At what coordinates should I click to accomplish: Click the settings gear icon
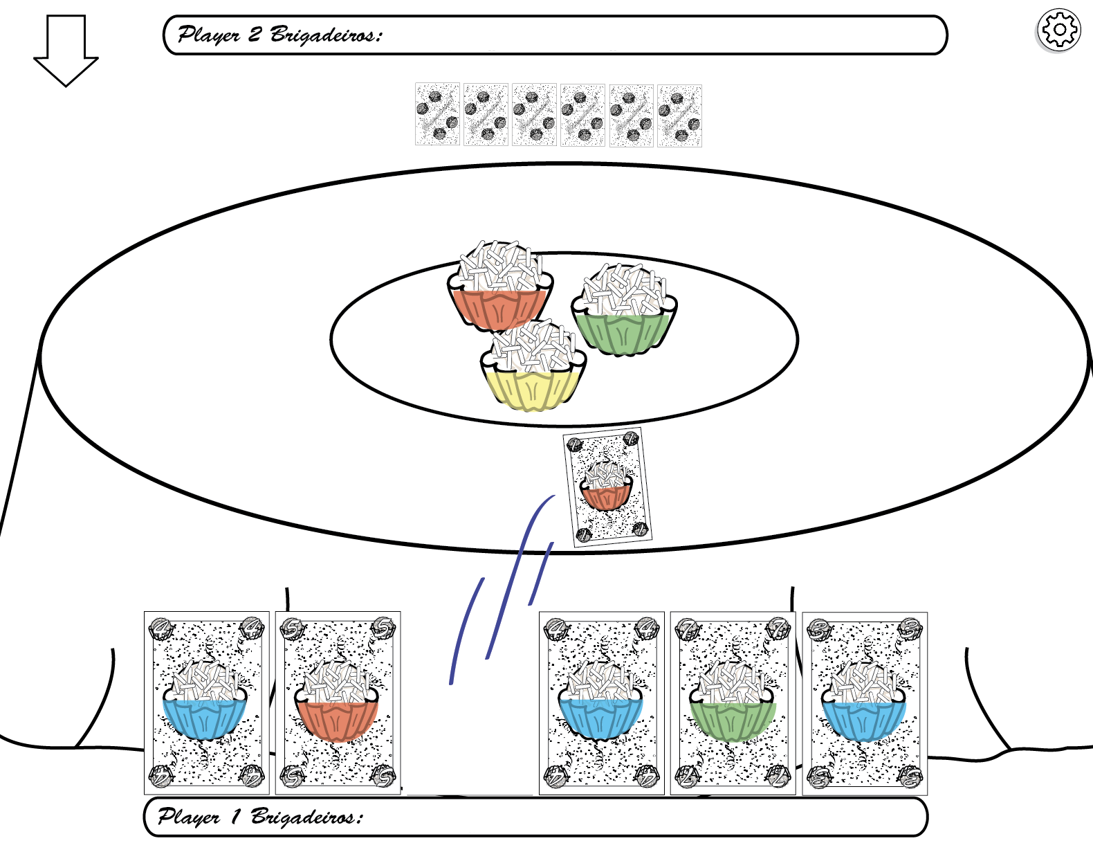[1058, 30]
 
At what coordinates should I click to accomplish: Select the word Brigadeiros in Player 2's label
[325, 35]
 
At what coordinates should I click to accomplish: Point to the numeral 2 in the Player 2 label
[255, 34]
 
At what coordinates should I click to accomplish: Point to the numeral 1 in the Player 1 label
[235, 817]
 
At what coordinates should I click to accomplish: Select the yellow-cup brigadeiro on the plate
[533, 367]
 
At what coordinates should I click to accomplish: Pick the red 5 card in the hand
[338, 702]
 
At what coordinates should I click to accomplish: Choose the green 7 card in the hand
[733, 702]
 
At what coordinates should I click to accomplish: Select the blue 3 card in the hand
[864, 702]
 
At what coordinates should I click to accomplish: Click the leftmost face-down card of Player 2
[437, 115]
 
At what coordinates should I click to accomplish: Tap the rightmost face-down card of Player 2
[679, 115]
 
